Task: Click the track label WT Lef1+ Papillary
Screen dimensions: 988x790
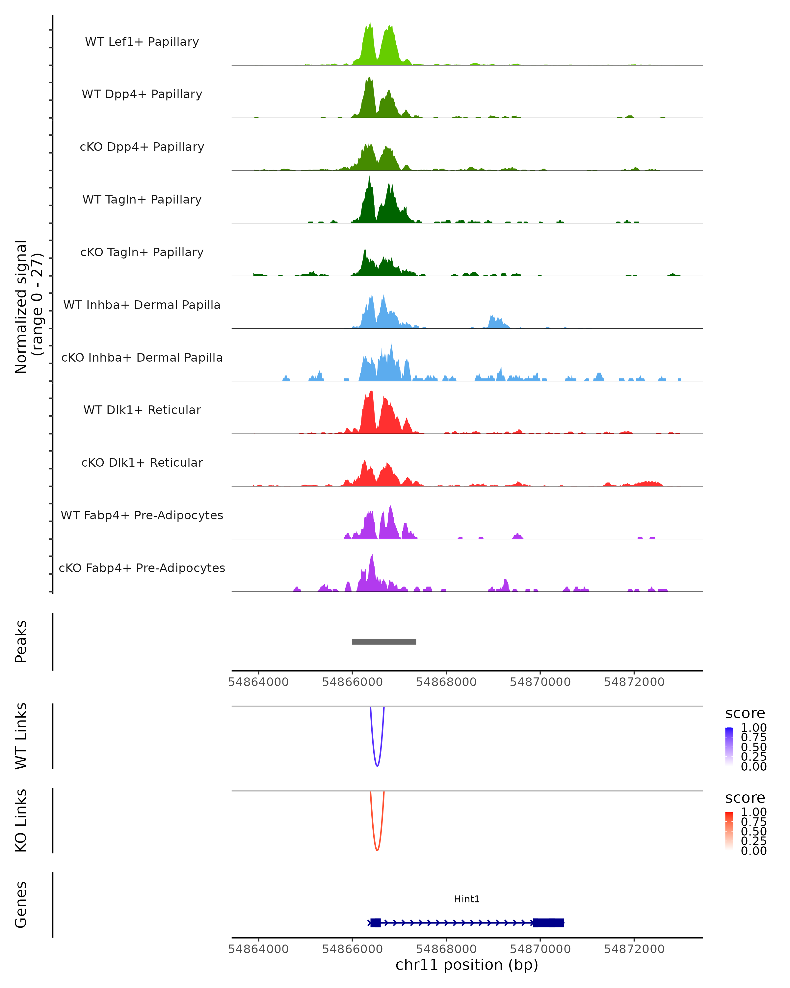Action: [142, 42]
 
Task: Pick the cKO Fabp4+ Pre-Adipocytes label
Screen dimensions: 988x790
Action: [142, 568]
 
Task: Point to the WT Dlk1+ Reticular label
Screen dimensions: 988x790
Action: [142, 410]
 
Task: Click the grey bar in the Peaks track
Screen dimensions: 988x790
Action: [384, 642]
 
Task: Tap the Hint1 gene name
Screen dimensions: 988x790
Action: [467, 899]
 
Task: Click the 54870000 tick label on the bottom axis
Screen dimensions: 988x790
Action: [540, 949]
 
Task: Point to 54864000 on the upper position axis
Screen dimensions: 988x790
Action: [258, 682]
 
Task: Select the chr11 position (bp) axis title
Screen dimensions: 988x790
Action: [467, 965]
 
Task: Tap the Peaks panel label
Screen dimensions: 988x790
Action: [21, 642]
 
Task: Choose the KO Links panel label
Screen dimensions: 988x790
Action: [21, 820]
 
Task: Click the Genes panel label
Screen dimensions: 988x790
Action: [21, 905]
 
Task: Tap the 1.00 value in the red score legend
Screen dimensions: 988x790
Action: [753, 812]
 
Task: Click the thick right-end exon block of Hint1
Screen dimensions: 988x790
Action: [548, 922]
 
